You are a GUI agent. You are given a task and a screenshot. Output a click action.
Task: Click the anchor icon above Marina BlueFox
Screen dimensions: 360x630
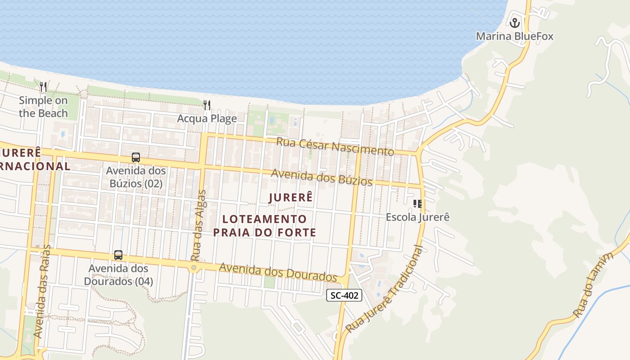click(x=514, y=22)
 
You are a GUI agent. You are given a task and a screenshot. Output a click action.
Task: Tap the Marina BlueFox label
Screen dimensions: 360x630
click(x=514, y=36)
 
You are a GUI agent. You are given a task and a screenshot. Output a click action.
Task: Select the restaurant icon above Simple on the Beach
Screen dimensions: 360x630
click(x=43, y=86)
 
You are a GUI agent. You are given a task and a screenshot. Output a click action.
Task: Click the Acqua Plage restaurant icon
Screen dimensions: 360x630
click(x=207, y=105)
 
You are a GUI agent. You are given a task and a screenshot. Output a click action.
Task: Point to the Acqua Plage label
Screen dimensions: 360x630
click(x=207, y=119)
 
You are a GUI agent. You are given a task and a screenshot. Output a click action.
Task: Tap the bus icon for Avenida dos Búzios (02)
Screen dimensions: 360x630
click(x=135, y=157)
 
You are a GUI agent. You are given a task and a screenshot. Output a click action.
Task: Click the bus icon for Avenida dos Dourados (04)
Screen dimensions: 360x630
click(x=118, y=255)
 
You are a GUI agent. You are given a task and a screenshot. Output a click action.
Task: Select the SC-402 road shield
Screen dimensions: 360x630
click(x=344, y=295)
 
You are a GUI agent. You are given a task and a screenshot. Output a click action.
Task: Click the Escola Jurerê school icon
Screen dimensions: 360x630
click(x=418, y=204)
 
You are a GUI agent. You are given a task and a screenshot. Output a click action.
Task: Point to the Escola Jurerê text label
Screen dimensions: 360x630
click(x=418, y=217)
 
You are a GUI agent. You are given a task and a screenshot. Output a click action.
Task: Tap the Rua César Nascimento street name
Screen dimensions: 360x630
click(x=335, y=146)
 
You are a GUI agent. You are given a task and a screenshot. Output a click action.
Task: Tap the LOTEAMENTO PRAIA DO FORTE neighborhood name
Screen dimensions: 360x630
click(x=264, y=226)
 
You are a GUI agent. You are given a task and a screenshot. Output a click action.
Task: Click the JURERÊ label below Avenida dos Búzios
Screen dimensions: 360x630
click(x=291, y=198)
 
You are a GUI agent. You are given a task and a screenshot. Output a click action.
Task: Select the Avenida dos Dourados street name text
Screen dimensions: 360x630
click(x=278, y=271)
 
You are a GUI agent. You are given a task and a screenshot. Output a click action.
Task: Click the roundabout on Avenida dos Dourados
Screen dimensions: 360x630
click(x=194, y=268)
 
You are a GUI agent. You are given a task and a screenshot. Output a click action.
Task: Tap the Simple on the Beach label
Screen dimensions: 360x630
click(x=43, y=107)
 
